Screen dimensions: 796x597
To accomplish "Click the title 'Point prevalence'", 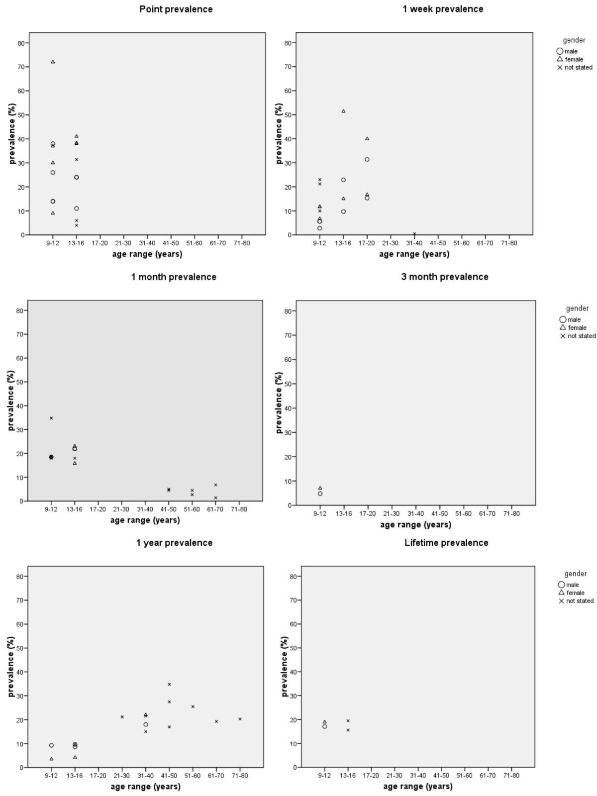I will coord(176,9).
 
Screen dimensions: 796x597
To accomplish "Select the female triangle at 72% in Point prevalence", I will coord(53,62).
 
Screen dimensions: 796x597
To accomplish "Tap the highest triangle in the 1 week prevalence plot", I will coord(343,111).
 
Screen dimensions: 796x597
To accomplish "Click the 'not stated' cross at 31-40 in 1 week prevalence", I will coord(414,233).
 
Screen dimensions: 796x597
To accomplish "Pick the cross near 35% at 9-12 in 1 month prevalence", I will coord(51,418).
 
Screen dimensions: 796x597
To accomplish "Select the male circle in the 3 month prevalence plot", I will coord(320,494).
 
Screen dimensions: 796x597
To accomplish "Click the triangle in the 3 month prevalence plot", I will coord(320,488).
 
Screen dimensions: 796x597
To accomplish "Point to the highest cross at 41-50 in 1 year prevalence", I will coord(169,684).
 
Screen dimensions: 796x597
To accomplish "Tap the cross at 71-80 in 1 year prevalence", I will coord(240,718).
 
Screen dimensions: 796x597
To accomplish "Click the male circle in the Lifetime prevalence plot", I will coord(324,726).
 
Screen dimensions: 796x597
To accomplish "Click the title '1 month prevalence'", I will coord(174,277).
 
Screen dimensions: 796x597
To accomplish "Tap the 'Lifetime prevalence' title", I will coord(446,543).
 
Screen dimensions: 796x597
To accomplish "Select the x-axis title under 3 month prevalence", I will coord(415,524).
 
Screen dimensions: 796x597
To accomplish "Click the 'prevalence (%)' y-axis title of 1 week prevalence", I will coord(279,134).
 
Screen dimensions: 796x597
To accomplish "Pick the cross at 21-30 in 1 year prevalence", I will coord(122,716).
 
